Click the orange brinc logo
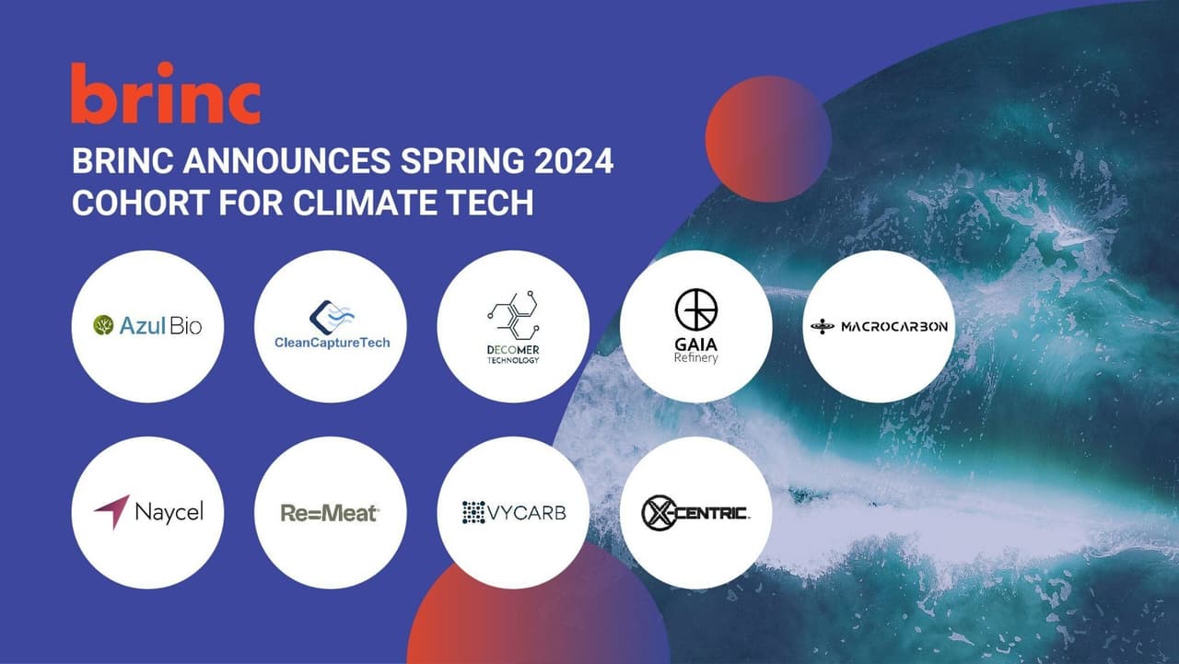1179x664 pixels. pos(166,94)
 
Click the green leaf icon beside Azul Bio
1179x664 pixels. pos(103,325)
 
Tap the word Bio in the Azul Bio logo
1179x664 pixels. pos(184,325)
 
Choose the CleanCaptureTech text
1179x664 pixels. pos(332,343)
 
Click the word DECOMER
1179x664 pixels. pos(513,349)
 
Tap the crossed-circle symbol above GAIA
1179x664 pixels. pos(695,309)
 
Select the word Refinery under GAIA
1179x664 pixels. pos(695,357)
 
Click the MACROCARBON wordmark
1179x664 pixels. pos(893,326)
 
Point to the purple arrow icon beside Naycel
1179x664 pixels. pos(111,512)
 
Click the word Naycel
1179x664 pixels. pos(169,512)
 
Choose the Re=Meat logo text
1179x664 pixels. pos(330,513)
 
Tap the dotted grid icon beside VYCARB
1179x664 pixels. pos(473,512)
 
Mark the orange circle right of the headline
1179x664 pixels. pos(768,138)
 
